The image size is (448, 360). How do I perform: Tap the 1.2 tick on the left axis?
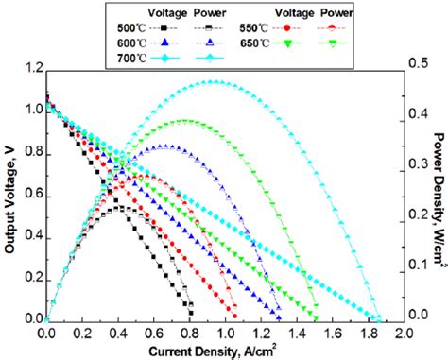(x=31, y=69)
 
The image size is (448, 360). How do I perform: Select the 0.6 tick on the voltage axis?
(x=31, y=194)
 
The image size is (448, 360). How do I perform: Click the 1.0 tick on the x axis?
(x=224, y=334)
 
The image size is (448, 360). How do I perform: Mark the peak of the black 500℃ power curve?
(x=117, y=207)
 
